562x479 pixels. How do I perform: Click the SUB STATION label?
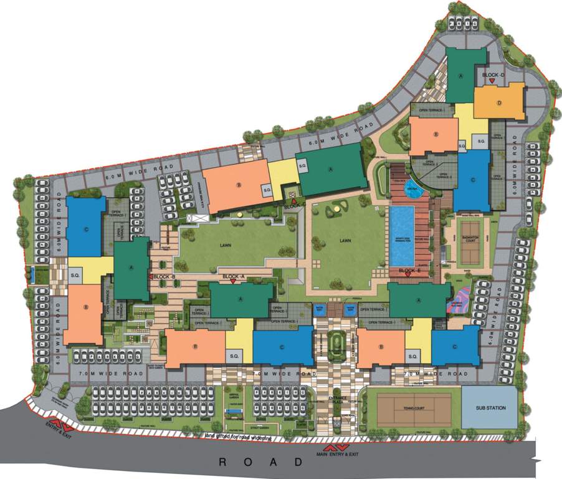[x=490, y=409]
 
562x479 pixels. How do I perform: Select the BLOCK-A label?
[x=234, y=276]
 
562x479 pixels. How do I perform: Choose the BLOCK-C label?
[x=293, y=206]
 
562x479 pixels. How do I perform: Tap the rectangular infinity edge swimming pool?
[x=402, y=231]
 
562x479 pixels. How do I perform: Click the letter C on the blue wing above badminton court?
[x=474, y=181]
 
